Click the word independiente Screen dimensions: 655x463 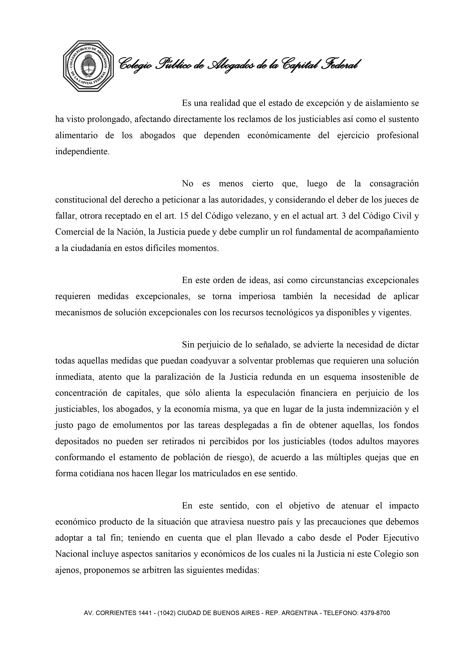coord(82,152)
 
